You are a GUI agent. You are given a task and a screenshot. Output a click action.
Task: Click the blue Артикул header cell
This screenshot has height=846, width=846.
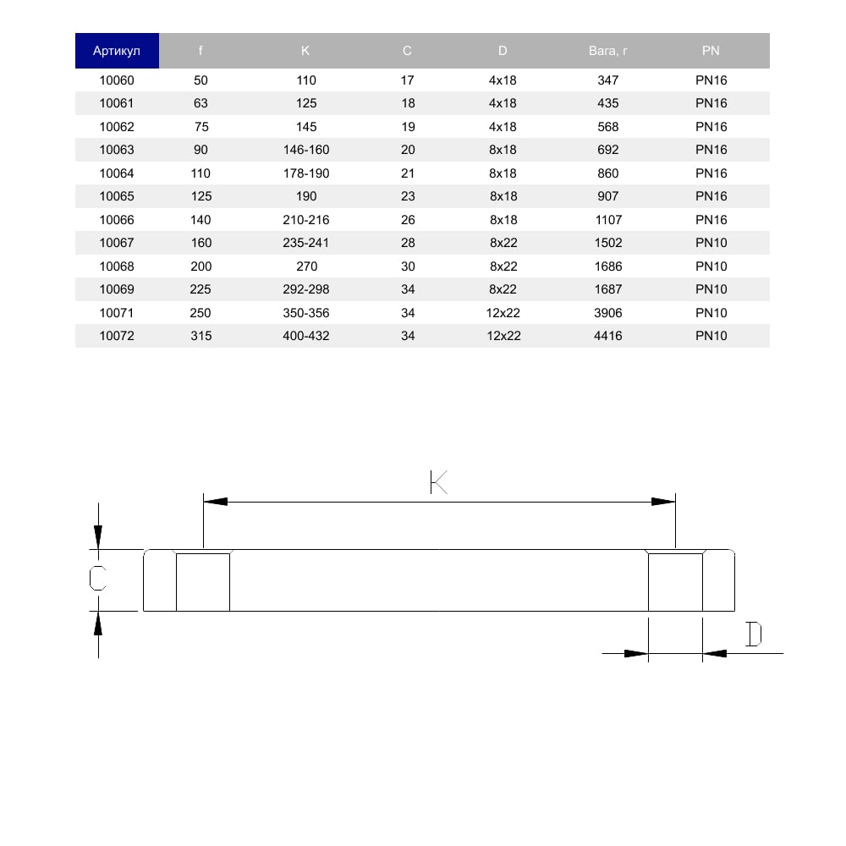click(117, 51)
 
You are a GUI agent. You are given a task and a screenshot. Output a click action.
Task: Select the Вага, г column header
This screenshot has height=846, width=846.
click(607, 51)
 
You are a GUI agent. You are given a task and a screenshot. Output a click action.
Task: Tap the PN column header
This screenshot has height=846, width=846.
click(711, 51)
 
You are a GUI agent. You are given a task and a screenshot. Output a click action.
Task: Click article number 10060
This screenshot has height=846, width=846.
click(117, 80)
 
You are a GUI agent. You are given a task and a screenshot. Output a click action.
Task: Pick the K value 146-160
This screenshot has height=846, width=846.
click(306, 150)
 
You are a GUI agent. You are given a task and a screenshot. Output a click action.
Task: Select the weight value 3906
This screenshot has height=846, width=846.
click(608, 313)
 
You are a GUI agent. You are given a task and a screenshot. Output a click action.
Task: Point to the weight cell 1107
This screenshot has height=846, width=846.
click(608, 220)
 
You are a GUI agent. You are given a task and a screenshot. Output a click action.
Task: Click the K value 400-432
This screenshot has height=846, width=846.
click(306, 336)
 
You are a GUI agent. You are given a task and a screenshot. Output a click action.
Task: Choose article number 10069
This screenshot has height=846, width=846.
click(117, 289)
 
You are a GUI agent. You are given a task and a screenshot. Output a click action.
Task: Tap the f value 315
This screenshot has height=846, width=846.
click(201, 336)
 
